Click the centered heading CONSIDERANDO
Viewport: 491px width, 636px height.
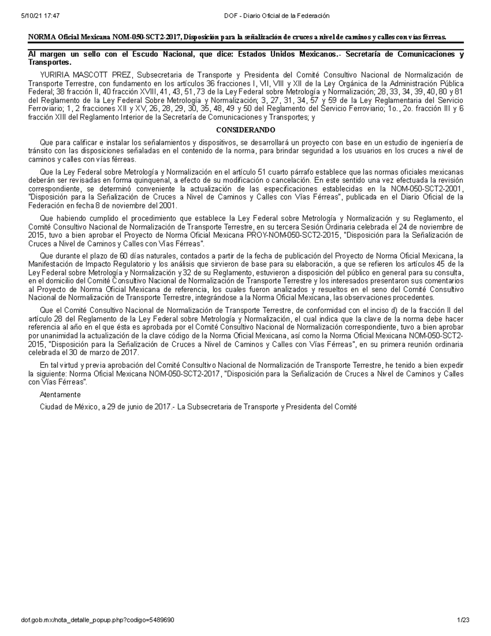tap(245, 130)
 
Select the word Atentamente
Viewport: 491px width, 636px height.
tap(60, 395)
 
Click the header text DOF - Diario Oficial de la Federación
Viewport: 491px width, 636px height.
tap(277, 16)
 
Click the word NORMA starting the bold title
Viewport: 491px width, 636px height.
tap(41, 38)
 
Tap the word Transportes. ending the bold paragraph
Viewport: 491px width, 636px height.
tap(50, 63)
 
